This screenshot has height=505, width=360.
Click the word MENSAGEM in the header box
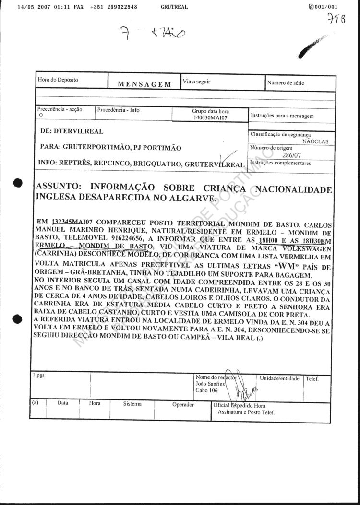point(144,84)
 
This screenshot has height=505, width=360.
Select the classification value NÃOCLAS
point(316,141)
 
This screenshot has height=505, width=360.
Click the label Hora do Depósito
point(58,80)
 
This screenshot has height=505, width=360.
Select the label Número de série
point(286,83)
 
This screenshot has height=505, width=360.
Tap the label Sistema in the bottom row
point(132,404)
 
